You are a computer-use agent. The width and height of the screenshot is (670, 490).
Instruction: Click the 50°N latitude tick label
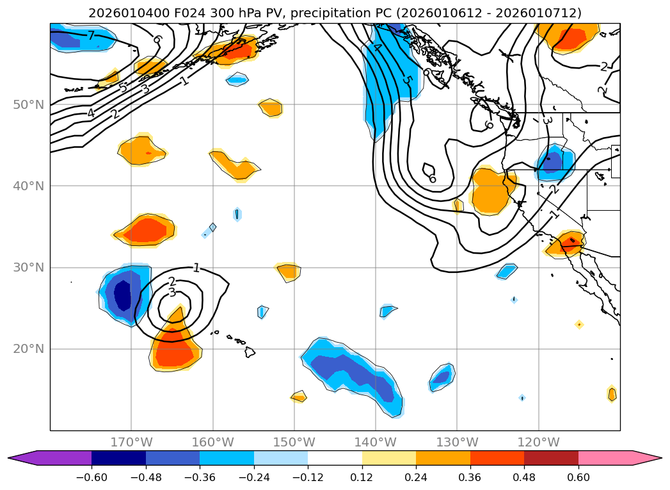coord(29,104)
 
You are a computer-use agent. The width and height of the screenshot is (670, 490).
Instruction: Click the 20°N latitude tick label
coord(29,349)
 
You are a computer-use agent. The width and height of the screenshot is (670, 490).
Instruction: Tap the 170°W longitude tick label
coord(131,442)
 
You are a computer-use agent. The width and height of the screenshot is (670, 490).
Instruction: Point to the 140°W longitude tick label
coord(376,442)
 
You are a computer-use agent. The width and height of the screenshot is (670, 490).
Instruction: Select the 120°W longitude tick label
coord(538,442)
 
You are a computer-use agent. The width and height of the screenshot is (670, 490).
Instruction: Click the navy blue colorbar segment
coord(118,458)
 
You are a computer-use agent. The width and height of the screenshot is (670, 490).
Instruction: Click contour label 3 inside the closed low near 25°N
coord(171,293)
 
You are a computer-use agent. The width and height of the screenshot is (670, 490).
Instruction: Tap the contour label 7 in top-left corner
coord(91,35)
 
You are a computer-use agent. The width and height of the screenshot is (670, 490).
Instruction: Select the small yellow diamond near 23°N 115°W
coord(579,324)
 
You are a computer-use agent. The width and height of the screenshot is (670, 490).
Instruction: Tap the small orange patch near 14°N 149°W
coord(299,397)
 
